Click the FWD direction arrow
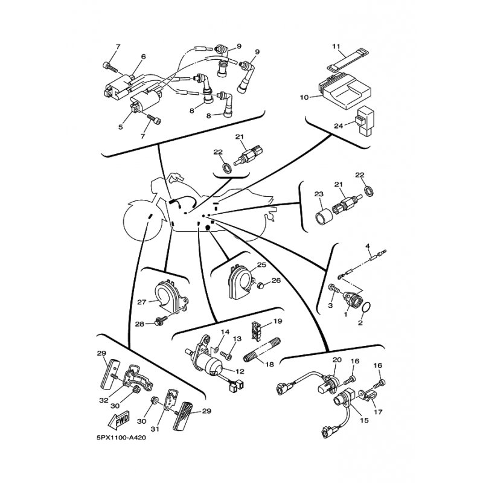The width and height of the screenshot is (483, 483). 119,420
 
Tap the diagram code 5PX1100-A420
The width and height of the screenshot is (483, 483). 121,438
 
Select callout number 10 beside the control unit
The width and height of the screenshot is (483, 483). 304,98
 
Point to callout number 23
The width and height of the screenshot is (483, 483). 319,194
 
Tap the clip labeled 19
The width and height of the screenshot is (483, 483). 256,331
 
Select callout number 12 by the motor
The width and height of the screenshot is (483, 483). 240,371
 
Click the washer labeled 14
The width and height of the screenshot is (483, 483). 216,349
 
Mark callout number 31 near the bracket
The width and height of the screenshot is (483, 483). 155,429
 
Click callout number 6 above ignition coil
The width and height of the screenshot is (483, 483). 143,57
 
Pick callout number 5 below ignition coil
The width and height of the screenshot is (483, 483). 120,127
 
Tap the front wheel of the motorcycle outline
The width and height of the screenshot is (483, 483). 142,220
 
